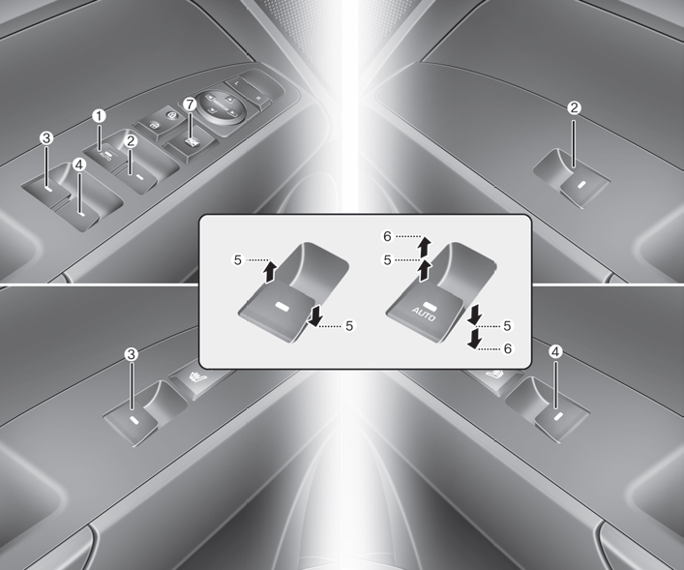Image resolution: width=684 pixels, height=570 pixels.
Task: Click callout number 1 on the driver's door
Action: coord(100,116)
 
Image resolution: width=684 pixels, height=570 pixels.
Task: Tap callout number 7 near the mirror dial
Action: coord(190,105)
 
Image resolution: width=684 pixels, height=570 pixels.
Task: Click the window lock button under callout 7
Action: coord(191,142)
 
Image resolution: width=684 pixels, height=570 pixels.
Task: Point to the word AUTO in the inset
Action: coord(424,314)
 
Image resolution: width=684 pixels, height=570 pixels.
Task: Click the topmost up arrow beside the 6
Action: coord(422,246)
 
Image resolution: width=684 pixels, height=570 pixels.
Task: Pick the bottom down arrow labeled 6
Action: coord(474,340)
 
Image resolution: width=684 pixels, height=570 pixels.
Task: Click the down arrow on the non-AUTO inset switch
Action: coord(314,315)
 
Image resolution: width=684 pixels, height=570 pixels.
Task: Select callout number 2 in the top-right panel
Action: coord(574,107)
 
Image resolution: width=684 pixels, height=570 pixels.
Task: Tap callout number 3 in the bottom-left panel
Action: coord(131,354)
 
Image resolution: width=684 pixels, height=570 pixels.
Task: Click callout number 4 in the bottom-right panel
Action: coord(555,352)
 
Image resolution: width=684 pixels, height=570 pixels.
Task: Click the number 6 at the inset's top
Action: coord(387,236)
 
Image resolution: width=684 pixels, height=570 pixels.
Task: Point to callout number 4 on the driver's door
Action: coord(79,165)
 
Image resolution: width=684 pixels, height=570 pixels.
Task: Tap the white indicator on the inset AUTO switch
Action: coord(430,307)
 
